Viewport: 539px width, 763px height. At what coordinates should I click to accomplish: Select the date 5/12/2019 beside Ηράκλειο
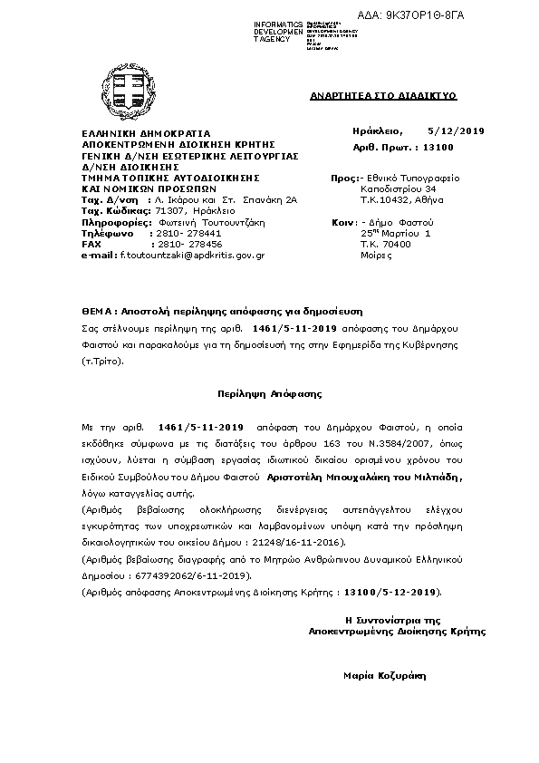pyautogui.click(x=456, y=132)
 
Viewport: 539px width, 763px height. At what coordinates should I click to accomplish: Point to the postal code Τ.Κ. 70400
pyautogui.click(x=386, y=244)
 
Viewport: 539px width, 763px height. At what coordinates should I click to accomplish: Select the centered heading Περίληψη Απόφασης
pyautogui.click(x=270, y=395)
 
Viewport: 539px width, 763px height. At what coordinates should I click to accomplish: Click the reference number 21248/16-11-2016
pyautogui.click(x=298, y=542)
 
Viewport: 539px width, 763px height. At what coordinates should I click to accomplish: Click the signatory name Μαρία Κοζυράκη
pyautogui.click(x=384, y=675)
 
